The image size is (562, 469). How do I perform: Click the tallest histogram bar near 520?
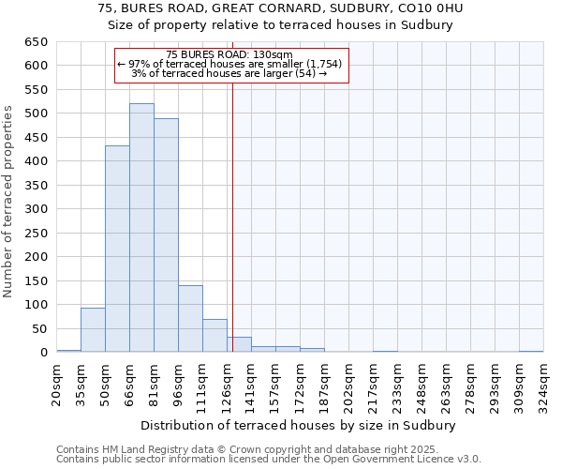141,228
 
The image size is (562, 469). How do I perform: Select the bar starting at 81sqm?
166,235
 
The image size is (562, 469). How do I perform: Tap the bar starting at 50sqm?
117,249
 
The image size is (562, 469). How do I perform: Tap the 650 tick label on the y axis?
36,42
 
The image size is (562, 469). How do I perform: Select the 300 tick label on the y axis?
36,209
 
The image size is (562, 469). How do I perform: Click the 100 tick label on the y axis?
36,305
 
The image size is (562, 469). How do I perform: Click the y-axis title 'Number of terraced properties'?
8,202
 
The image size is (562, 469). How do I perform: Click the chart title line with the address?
281,8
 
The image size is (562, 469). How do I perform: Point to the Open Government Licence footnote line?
269,460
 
